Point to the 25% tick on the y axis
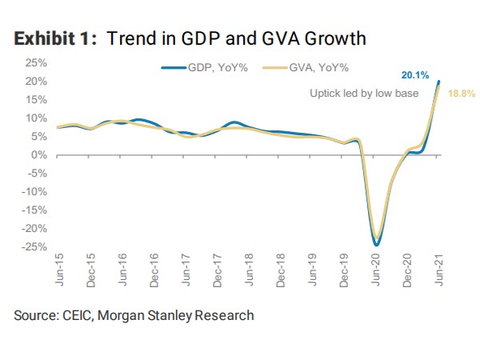pyautogui.click(x=36, y=62)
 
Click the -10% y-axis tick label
pyautogui.click(x=34, y=192)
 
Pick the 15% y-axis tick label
pyautogui.click(x=36, y=99)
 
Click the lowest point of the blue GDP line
pyautogui.click(x=375, y=245)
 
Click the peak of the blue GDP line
pyautogui.click(x=438, y=81)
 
